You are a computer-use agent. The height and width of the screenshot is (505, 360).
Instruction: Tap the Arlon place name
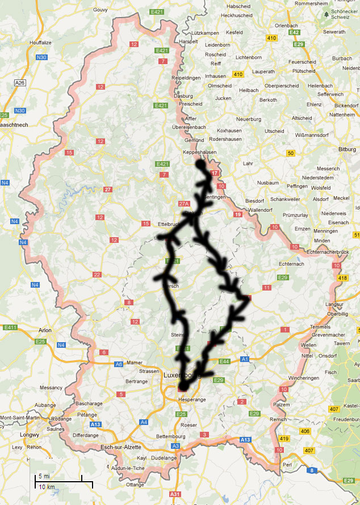(45, 330)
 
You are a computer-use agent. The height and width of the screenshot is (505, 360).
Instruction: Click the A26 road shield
(20, 83)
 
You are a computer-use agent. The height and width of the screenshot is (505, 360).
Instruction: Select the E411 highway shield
(10, 327)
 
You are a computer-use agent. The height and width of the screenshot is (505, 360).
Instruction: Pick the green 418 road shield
(342, 278)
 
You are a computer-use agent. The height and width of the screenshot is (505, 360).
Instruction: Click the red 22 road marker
(97, 275)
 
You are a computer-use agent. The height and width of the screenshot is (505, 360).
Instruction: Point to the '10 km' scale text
(47, 487)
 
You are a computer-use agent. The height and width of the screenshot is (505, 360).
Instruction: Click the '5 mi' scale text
(44, 475)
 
